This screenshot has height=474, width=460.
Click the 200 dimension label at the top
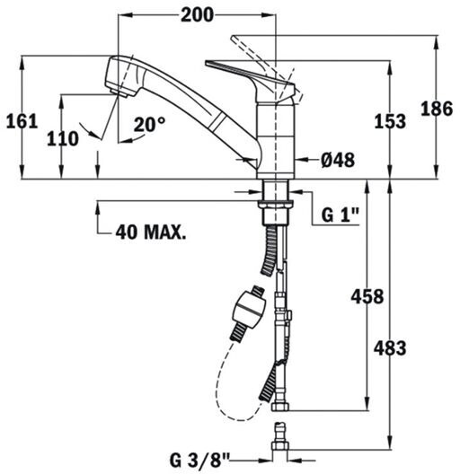197,14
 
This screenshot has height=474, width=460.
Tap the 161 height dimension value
22,121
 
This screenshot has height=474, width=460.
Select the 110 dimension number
63,139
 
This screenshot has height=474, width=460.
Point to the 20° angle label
149,124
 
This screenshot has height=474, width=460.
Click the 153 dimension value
390,121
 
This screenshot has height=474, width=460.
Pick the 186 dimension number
437,109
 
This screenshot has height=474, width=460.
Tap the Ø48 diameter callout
338,160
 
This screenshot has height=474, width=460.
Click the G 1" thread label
341,215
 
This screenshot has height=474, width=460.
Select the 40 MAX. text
151,233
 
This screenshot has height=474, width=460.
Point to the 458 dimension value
367,296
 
